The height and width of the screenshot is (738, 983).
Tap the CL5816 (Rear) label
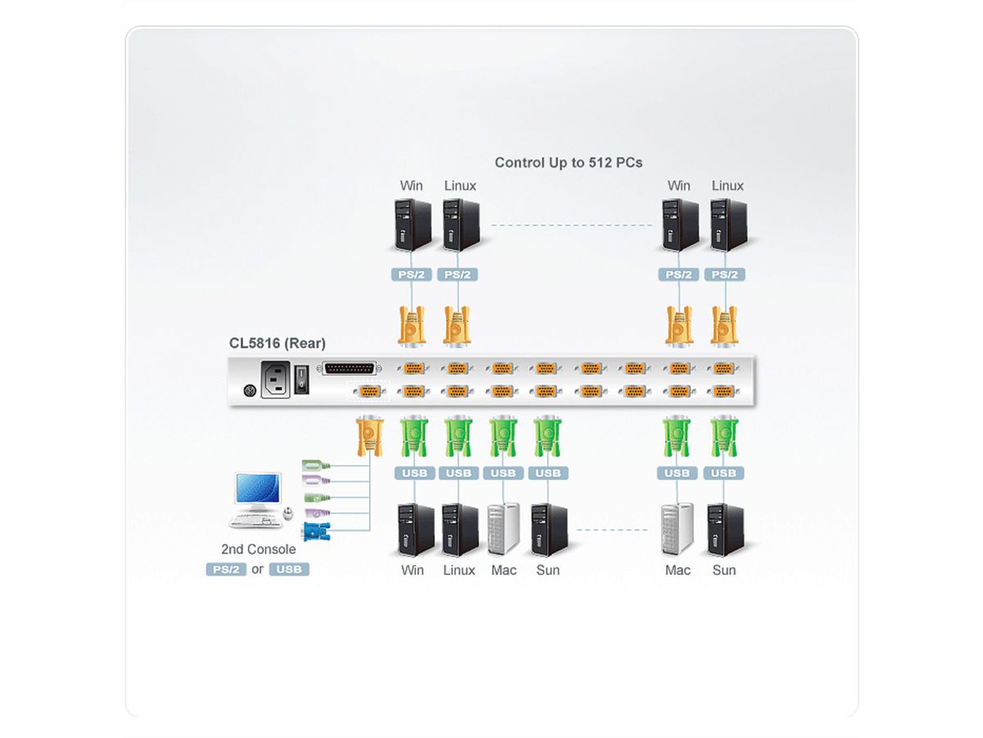click(x=277, y=343)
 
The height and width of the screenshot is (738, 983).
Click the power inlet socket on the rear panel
click(x=276, y=380)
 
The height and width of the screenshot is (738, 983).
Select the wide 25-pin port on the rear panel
click(x=351, y=369)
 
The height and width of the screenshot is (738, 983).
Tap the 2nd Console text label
click(x=258, y=549)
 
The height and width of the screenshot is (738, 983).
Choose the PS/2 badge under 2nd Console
click(x=226, y=569)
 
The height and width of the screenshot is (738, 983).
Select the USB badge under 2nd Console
click(x=289, y=569)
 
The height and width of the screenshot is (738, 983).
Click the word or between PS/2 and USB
click(x=257, y=569)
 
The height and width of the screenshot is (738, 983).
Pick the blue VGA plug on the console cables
click(x=315, y=532)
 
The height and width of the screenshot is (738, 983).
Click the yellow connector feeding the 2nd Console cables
click(x=369, y=435)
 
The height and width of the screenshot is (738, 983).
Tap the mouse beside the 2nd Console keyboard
click(x=288, y=515)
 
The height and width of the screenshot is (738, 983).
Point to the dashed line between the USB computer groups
click(x=614, y=530)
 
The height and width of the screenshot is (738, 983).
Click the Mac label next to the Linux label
click(x=504, y=570)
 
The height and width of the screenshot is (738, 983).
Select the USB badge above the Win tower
click(x=414, y=473)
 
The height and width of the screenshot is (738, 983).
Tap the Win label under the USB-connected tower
click(x=413, y=570)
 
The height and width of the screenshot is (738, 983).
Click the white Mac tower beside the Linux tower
click(x=503, y=529)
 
